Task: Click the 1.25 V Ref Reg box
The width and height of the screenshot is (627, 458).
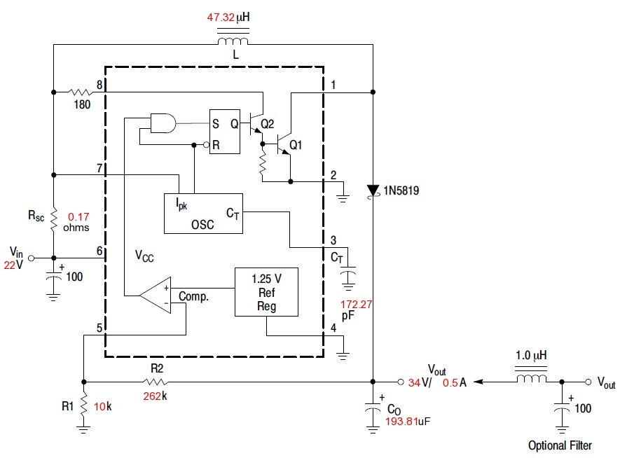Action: click(266, 290)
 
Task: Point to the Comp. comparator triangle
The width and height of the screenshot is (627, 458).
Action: click(156, 295)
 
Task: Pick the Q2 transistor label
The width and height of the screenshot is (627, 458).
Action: click(267, 125)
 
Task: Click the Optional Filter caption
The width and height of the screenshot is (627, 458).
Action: click(560, 445)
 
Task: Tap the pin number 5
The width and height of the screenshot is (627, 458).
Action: click(99, 328)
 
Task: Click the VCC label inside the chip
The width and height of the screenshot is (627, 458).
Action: click(145, 258)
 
